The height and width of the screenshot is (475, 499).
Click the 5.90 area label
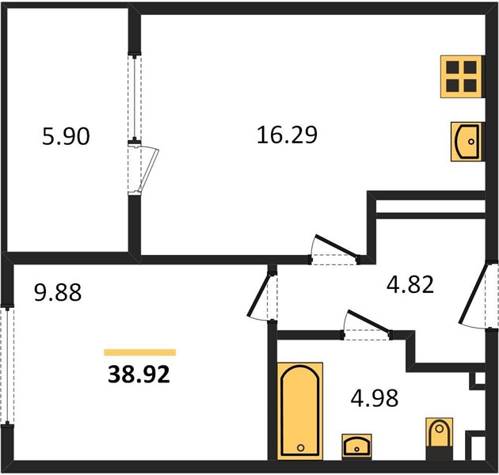(66, 136)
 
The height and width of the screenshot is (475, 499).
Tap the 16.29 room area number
(287, 135)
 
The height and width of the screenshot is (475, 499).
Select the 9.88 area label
(58, 292)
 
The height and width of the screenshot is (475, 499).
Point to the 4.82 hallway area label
(410, 284)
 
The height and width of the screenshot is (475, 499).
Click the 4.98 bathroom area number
(375, 397)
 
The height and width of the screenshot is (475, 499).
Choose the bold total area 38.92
(139, 374)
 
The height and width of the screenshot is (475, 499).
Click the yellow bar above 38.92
(140, 352)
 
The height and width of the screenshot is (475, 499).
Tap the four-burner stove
(461, 77)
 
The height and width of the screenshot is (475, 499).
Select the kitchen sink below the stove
(467, 142)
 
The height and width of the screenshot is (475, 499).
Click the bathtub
(300, 411)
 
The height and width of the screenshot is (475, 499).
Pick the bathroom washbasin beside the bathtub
(356, 446)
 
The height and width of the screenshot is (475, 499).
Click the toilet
(439, 438)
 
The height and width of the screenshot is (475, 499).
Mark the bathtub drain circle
(301, 448)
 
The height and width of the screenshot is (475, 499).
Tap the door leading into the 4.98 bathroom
(367, 325)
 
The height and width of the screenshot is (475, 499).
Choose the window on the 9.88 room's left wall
(7, 366)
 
